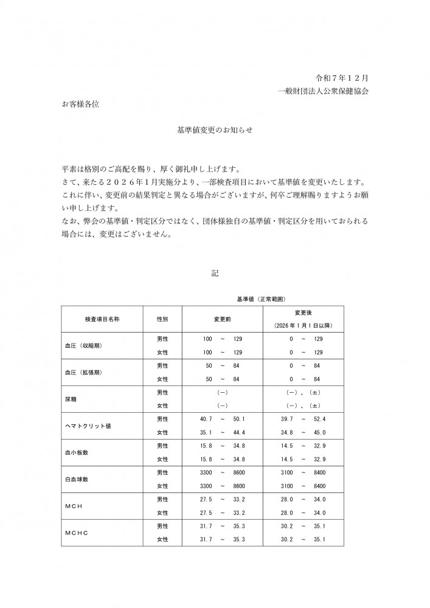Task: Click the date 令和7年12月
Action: pos(342,78)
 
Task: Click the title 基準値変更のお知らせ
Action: pos(214,130)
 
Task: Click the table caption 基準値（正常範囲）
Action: pos(261,299)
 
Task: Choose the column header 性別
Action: pos(162,319)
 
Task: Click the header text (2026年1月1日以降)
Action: pos(302,326)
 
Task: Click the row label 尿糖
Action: pos(70,399)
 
